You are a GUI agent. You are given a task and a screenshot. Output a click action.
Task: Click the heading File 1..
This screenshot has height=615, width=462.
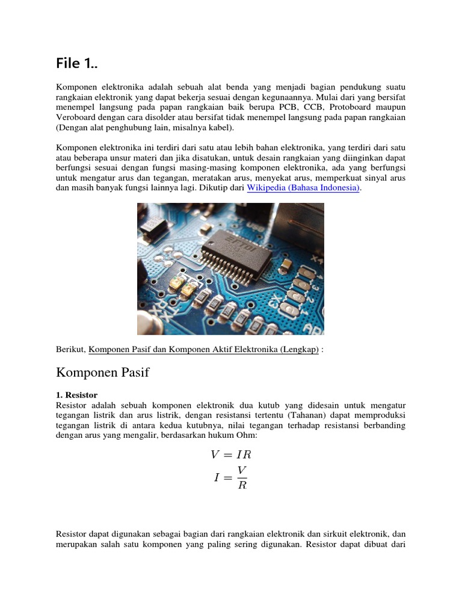pyautogui.click(x=76, y=63)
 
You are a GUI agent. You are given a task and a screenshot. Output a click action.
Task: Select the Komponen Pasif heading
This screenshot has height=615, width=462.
pyautogui.click(x=102, y=373)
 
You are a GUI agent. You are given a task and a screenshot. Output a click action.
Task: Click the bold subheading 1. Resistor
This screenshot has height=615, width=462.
pyautogui.click(x=77, y=395)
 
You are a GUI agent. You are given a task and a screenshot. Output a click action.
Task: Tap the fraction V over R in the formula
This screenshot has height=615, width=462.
pyautogui.click(x=242, y=477)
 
